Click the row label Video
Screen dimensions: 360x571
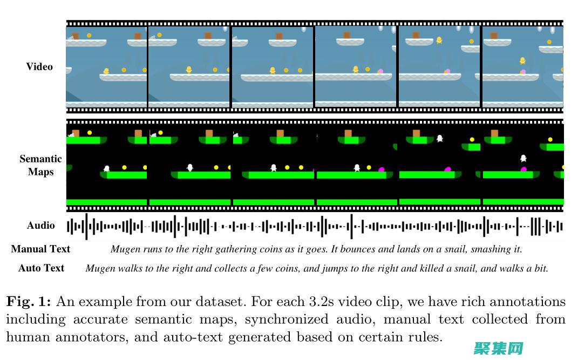point(39,67)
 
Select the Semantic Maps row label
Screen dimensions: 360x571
point(40,166)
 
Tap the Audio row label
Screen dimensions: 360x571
point(41,226)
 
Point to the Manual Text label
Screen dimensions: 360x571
point(40,249)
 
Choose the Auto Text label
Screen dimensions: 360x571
point(41,268)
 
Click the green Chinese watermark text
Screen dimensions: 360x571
point(498,349)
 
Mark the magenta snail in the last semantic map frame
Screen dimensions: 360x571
point(523,169)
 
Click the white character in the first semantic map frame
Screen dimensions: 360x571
point(106,168)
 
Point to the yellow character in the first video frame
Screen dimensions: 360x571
point(106,71)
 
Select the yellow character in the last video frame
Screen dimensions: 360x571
point(522,61)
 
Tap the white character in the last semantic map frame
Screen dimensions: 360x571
point(523,158)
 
